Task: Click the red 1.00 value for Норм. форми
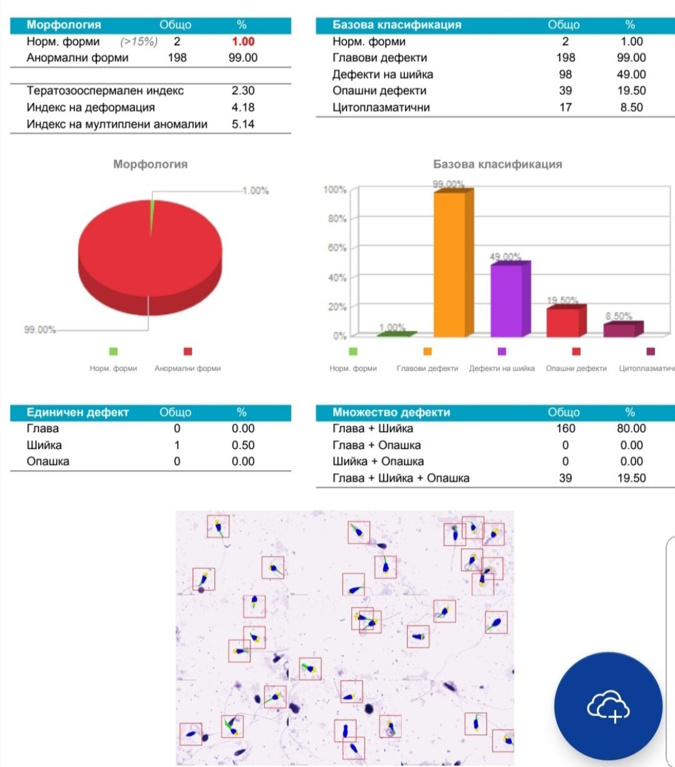point(242,41)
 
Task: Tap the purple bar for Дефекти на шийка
point(507,300)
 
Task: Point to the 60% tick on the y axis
point(336,248)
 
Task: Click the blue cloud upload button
point(608,706)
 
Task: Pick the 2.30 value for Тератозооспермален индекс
point(242,91)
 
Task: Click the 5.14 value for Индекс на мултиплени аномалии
point(242,124)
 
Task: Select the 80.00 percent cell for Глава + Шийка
point(631,428)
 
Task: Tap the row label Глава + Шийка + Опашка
point(401,478)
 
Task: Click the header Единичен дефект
point(77,413)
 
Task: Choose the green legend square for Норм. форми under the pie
point(113,351)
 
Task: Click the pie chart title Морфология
point(150,164)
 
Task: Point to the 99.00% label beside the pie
point(40,329)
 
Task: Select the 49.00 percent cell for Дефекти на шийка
point(631,74)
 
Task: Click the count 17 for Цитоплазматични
point(565,108)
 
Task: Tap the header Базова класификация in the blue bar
point(397,25)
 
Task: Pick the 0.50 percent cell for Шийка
point(242,445)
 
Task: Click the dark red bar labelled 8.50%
point(619,329)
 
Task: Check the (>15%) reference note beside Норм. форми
point(139,41)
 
